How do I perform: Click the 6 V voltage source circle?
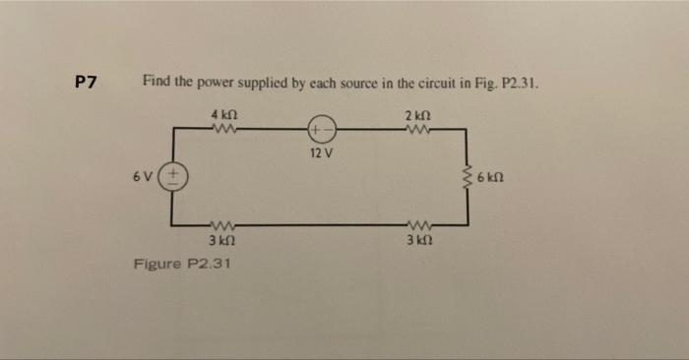[174, 177]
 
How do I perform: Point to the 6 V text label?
[145, 177]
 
